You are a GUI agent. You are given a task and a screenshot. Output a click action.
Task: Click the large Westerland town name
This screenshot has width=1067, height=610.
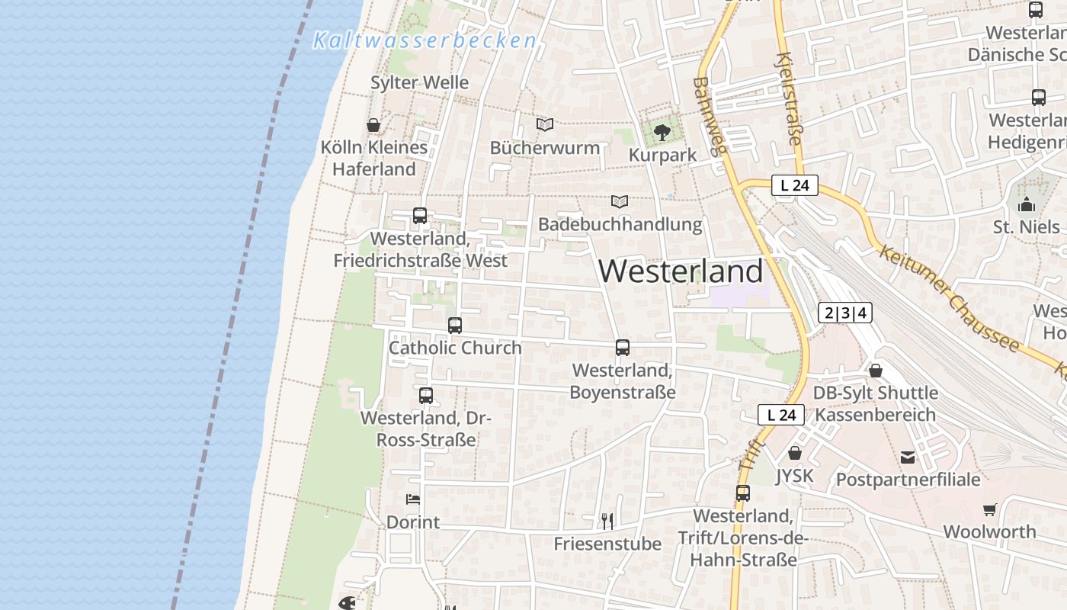[x=681, y=271]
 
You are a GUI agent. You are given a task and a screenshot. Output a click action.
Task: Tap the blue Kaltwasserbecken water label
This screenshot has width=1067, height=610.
[x=425, y=40]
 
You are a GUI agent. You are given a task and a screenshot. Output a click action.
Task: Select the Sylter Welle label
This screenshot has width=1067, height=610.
[x=419, y=82]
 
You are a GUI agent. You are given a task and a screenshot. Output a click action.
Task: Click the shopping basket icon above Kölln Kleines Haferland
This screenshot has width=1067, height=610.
[x=373, y=125]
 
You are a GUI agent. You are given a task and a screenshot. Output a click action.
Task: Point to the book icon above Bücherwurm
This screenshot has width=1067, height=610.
[x=544, y=124]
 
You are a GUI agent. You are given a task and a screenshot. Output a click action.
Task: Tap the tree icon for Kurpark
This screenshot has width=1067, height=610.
[x=662, y=133]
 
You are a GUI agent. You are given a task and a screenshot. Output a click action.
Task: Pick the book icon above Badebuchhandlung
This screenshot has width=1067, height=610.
[x=620, y=202]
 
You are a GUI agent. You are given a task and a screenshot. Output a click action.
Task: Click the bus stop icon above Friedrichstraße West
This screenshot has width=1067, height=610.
[x=420, y=216]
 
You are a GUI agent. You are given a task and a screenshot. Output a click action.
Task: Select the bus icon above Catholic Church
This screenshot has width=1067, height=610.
[x=455, y=326]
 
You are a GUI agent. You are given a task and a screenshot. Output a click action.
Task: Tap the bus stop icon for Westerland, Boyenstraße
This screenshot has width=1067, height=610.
[x=623, y=348]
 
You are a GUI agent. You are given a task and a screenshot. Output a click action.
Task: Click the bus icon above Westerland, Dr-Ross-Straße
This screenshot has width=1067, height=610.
[x=426, y=396]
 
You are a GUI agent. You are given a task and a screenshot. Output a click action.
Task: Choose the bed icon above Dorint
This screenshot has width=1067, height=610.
[x=413, y=499]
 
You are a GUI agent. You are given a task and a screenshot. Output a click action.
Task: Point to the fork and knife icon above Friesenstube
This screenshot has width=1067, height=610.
[x=607, y=522]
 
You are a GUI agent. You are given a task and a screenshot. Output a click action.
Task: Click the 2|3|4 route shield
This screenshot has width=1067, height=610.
[x=845, y=313]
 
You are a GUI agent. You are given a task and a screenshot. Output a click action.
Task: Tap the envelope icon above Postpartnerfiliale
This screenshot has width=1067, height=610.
[x=908, y=457]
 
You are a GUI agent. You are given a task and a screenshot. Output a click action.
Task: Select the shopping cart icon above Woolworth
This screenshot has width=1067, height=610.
[x=989, y=509]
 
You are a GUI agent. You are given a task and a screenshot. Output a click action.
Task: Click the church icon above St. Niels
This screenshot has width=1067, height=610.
[x=1027, y=204]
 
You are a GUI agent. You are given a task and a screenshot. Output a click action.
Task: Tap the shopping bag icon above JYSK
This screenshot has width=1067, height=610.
[x=795, y=453]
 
